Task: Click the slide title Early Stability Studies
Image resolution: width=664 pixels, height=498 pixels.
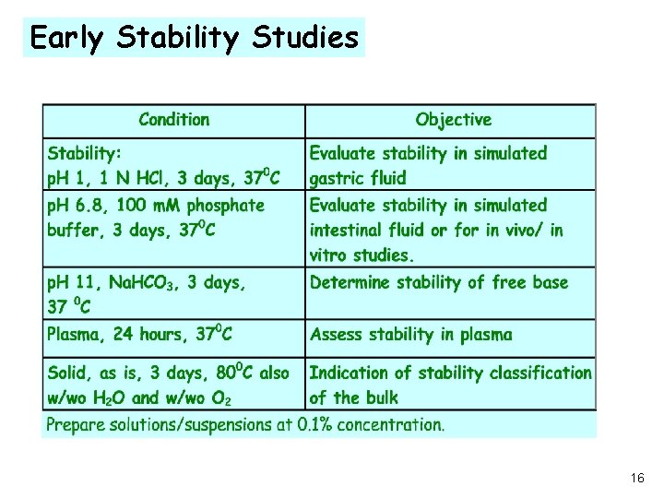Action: tap(194, 37)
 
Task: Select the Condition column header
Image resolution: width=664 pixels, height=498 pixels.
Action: tap(173, 120)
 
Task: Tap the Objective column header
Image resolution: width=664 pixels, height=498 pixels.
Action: tap(453, 120)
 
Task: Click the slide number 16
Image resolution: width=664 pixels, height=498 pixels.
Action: tap(637, 479)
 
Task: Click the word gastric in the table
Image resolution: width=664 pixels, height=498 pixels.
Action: tap(336, 177)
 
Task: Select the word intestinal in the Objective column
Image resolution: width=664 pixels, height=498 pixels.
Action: tap(347, 230)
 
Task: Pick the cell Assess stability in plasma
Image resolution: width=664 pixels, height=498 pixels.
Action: tap(410, 335)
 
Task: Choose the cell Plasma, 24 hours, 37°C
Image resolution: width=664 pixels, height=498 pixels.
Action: tap(139, 335)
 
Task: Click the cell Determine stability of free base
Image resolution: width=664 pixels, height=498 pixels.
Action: tap(439, 282)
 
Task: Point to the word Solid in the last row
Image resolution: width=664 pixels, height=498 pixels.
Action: tap(69, 373)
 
